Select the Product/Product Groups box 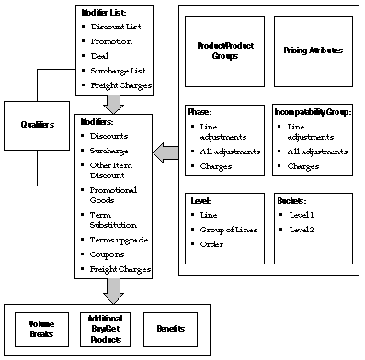pos(218,51)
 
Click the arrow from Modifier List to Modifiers pos(113,102)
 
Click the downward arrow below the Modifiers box pos(113,290)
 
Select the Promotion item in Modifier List pos(112,40)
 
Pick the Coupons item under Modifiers pos(108,254)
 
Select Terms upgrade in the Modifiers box pos(118,239)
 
